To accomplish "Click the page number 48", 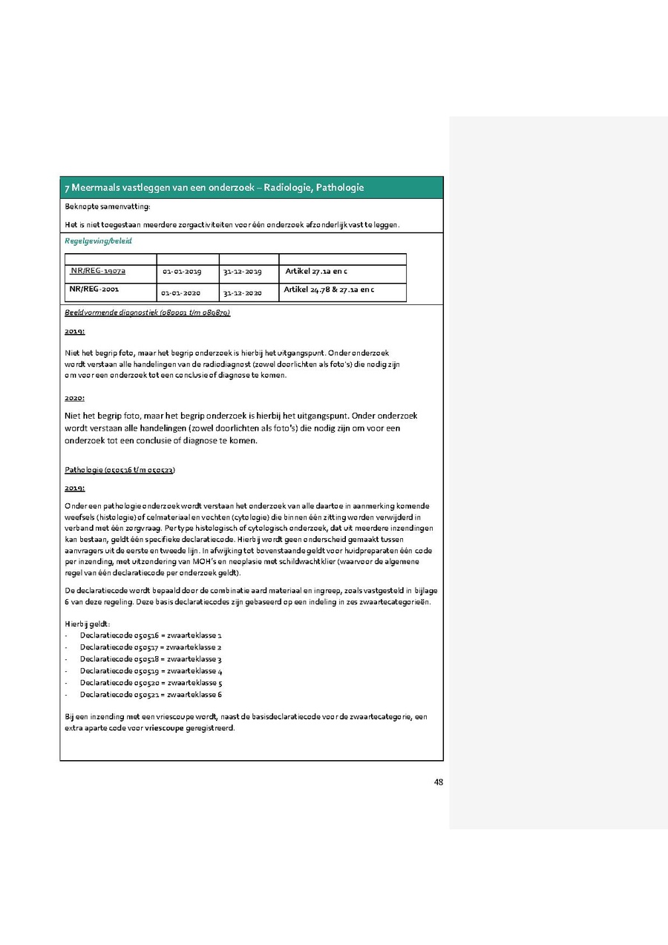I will click(438, 781).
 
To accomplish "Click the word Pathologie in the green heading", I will click(340, 188).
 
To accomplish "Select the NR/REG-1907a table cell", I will click(98, 271).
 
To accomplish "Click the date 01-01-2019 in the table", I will click(182, 272).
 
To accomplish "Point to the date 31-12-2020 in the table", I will click(242, 293).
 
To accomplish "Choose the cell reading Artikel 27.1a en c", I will click(316, 272).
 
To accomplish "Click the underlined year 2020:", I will click(74, 398).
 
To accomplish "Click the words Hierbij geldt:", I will click(88, 624).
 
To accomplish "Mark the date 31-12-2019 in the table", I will click(242, 272).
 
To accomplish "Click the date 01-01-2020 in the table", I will click(182, 293).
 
